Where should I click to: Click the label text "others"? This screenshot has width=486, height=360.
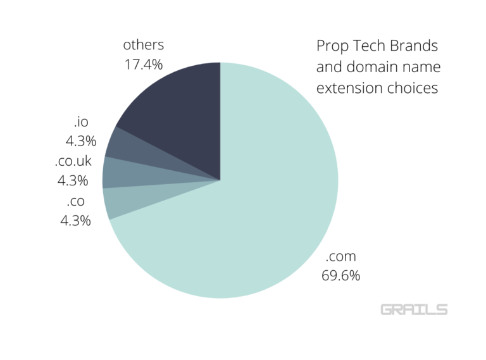(x=143, y=45)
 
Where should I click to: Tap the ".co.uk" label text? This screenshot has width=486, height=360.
(x=73, y=161)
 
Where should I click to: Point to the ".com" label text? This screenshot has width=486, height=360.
(x=340, y=257)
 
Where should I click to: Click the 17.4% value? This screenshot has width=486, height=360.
(x=143, y=65)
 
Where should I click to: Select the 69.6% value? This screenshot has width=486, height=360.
(x=340, y=276)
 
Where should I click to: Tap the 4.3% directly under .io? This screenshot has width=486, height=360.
(x=80, y=141)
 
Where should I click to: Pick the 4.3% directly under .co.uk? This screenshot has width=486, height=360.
(x=73, y=181)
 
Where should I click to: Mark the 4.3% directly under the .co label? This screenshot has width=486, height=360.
(x=75, y=221)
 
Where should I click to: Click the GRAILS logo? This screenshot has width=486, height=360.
(x=414, y=309)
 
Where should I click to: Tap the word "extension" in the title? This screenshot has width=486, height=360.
(x=345, y=88)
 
